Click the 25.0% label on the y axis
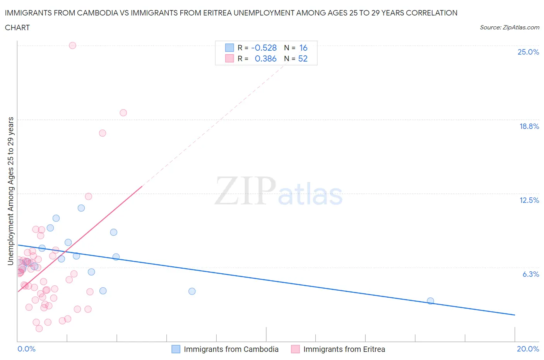[528, 52]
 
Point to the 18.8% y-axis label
[529, 126]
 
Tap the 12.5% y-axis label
[529, 200]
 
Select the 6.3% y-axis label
[530, 274]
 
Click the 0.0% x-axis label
[26, 349]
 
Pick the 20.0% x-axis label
[528, 349]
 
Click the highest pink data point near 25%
[72, 45]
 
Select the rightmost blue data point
[430, 301]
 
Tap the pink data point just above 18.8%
[123, 113]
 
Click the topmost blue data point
[81, 208]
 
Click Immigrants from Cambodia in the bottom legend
[231, 349]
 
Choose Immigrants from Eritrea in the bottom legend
[344, 349]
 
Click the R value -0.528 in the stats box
[264, 48]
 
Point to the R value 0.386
[265, 58]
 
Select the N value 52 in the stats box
[303, 58]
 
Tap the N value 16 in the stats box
[303, 48]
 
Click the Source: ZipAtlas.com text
[509, 27]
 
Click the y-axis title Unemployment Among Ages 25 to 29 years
[10, 191]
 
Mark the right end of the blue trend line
[515, 315]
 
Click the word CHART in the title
[17, 27]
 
